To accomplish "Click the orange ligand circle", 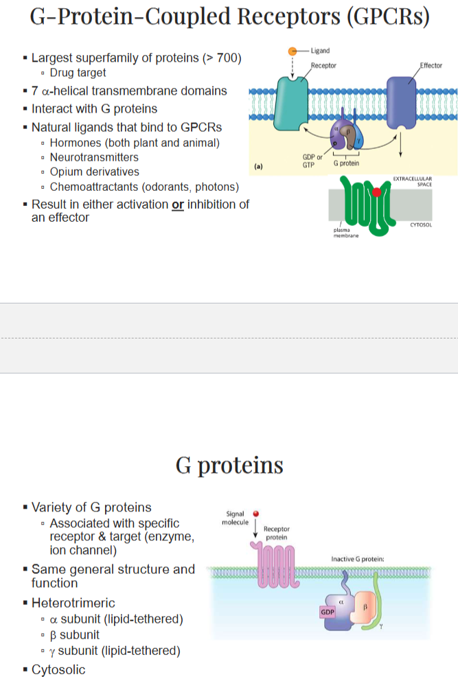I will pos(293,51).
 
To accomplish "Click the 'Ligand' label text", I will pos(319,51).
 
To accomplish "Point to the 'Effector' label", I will pos(431,65).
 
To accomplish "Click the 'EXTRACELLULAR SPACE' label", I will pos(414,181).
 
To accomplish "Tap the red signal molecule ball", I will pos(255,513).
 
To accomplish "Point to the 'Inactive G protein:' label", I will pos(357,559).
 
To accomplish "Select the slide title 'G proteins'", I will pos(229,465).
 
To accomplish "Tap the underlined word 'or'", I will pos(178,205).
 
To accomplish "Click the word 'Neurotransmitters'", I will pos(94,157).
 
